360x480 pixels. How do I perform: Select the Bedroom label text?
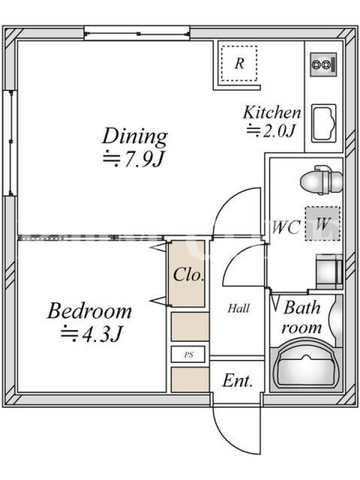click(x=89, y=311)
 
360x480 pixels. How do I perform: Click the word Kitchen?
click(x=272, y=112)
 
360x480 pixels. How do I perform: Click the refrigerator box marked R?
click(x=239, y=64)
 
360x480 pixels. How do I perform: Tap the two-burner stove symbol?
click(x=323, y=64)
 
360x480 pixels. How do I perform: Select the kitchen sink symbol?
click(x=324, y=123)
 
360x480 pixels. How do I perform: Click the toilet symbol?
click(x=321, y=181)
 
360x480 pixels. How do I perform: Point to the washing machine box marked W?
click(x=323, y=223)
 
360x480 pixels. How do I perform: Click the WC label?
click(x=286, y=227)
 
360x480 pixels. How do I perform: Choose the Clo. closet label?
click(x=188, y=275)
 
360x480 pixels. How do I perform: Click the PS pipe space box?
click(x=188, y=355)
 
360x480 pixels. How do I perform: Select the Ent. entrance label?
click(x=238, y=381)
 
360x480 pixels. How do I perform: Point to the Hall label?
click(x=238, y=308)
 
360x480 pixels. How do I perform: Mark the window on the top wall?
click(x=137, y=33)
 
